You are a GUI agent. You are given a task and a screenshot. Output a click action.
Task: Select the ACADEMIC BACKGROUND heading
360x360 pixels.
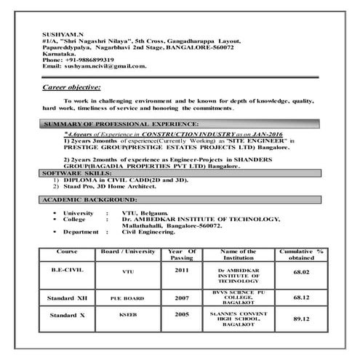coord(89,199)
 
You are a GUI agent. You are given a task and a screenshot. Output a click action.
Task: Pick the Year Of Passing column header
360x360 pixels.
coord(182,255)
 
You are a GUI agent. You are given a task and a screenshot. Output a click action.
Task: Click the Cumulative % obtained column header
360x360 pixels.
coord(299,255)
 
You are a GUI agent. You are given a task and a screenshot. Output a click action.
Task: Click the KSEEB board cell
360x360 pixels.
coord(128,316)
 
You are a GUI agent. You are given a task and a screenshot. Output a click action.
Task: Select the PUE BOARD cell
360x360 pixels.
coord(128,297)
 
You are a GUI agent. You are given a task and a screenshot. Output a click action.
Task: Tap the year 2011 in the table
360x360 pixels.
coord(182,271)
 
